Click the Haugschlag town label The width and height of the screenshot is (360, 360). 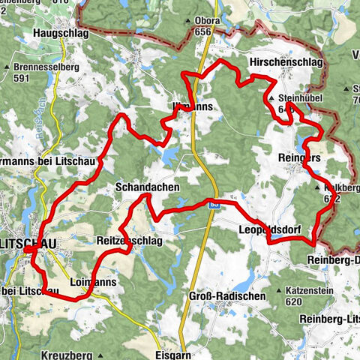pyautogui.click(x=61, y=34)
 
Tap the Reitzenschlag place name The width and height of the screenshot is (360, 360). pyautogui.click(x=128, y=240)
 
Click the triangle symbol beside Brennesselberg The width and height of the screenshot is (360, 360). pyautogui.click(x=16, y=66)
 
